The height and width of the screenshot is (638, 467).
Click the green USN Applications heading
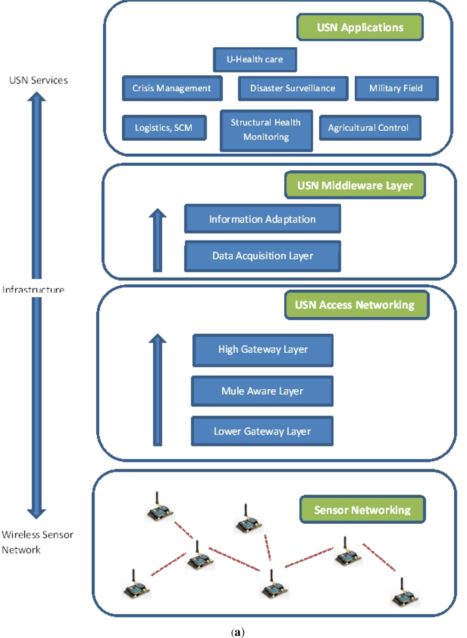[x=360, y=27]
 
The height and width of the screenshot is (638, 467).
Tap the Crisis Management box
[x=171, y=88]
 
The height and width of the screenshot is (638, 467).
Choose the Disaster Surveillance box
[x=292, y=88]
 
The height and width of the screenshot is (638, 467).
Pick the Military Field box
[x=396, y=88]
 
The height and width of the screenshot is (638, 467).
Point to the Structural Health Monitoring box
[x=266, y=131]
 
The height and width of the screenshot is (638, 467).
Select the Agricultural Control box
[x=368, y=128]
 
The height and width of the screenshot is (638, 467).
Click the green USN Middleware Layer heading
[x=355, y=186]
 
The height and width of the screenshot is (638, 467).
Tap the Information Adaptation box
[x=262, y=219]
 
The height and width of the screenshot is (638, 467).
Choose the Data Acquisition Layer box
[x=262, y=255]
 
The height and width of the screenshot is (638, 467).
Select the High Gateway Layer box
[x=262, y=349]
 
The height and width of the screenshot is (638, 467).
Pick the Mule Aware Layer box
[x=262, y=390]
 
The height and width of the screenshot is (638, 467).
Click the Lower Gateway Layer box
[x=262, y=431]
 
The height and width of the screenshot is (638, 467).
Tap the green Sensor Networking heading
[x=363, y=510]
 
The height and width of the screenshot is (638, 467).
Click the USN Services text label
[x=39, y=80]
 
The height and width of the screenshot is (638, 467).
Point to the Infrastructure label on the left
[x=33, y=290]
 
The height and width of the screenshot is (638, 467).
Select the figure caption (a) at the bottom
[x=238, y=632]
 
